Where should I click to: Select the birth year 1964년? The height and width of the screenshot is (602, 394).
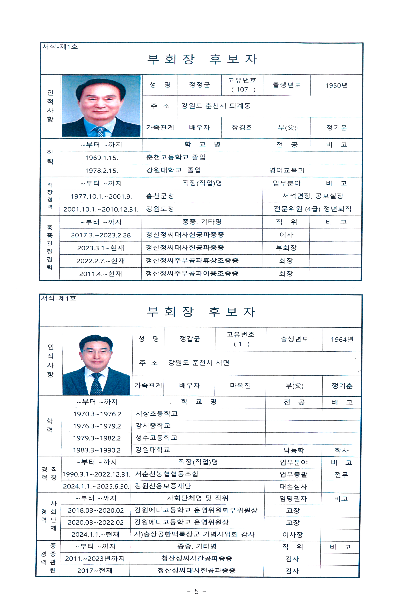[342, 339]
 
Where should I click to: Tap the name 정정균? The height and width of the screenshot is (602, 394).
[199, 85]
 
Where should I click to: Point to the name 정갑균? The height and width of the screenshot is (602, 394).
[189, 339]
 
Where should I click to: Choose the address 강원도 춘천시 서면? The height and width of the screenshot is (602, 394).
[199, 363]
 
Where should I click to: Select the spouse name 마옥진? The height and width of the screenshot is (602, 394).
[240, 386]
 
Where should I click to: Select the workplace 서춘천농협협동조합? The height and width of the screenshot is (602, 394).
[167, 474]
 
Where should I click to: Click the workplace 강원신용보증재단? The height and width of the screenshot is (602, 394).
[163, 486]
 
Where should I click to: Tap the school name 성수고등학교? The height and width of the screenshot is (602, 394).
[157, 438]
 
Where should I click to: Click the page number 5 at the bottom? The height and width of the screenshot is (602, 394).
[196, 591]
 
